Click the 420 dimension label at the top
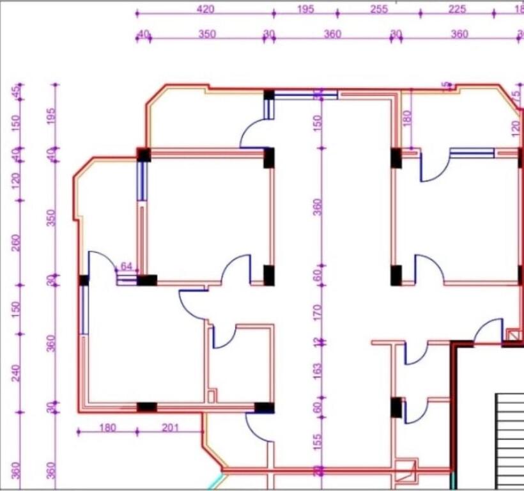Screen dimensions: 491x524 tap(205, 9)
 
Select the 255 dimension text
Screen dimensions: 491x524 tap(379, 9)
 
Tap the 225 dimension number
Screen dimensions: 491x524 tap(457, 9)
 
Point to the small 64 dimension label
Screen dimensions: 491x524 tap(127, 266)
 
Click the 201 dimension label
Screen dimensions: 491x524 tap(170, 428)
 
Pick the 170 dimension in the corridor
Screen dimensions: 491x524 tap(318, 313)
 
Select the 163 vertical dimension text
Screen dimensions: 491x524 tap(318, 371)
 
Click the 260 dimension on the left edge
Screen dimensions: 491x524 tap(16, 243)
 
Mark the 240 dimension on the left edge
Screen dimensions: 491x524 tap(16, 372)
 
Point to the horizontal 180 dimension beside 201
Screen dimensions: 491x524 tap(107, 428)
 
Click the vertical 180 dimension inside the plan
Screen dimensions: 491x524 tap(407, 118)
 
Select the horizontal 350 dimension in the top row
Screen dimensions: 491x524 tap(207, 34)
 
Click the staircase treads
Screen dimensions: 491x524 tap(510, 441)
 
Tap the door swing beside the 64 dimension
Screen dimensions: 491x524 tap(102, 262)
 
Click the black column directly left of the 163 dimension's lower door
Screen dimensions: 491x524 tap(396, 407)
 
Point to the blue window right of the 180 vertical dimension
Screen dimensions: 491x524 tap(472, 153)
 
